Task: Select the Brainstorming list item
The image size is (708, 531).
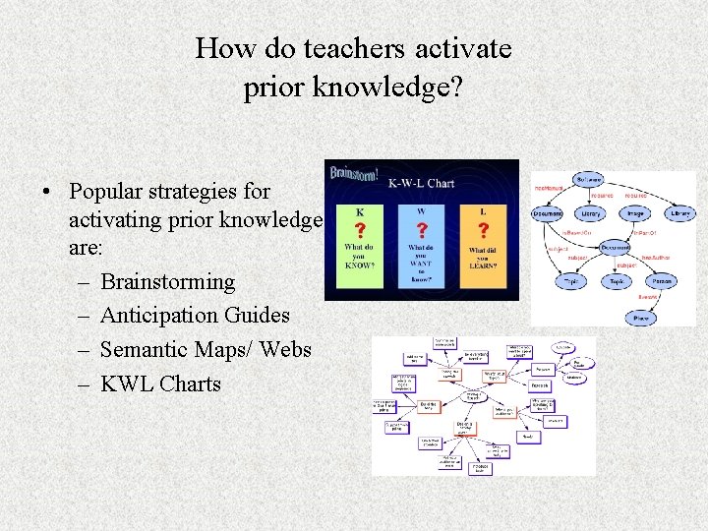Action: tap(168, 282)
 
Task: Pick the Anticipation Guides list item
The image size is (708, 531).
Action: tap(195, 316)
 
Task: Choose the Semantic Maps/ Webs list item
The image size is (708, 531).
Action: tap(206, 349)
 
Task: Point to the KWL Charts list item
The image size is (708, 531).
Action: tap(160, 383)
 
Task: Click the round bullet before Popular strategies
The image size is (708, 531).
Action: tap(47, 192)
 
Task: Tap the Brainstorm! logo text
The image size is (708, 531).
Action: tap(354, 174)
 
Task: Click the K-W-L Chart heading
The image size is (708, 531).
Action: tap(421, 183)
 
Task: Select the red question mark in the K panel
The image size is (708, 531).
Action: tap(360, 229)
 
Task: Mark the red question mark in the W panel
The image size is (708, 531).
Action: tap(422, 230)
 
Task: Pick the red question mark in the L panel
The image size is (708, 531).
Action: tap(483, 230)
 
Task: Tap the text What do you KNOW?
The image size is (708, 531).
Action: tap(360, 257)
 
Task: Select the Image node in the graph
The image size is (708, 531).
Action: tap(635, 212)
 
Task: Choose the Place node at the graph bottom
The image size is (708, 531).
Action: tap(641, 318)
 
